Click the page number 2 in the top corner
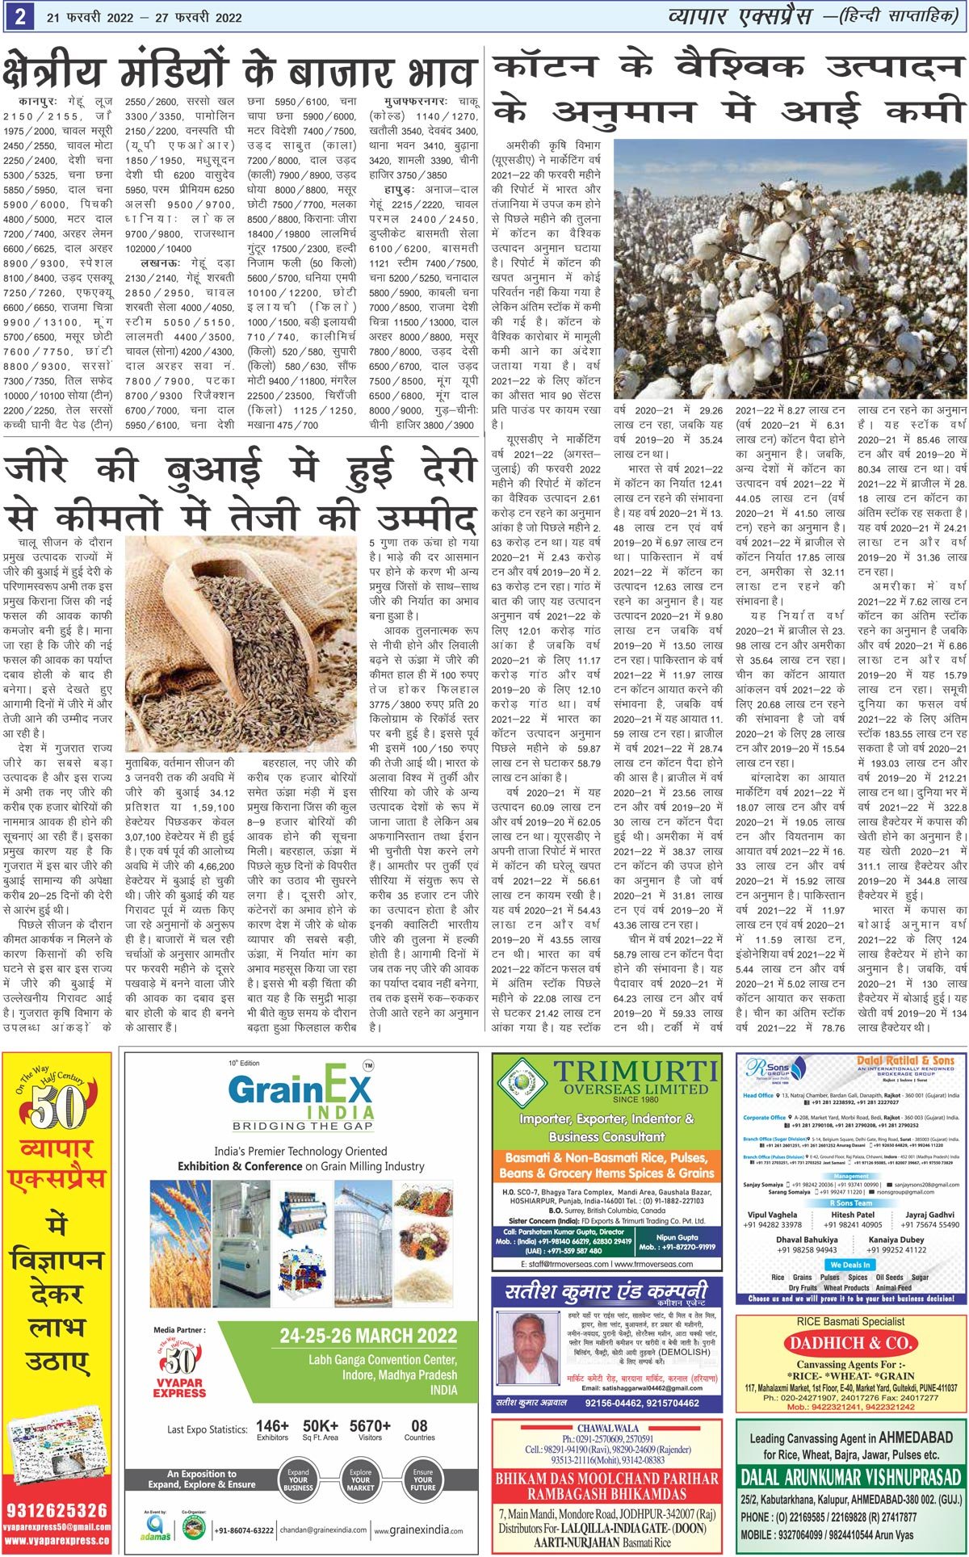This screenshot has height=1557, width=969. (17, 15)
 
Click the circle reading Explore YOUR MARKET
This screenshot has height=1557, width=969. (361, 1479)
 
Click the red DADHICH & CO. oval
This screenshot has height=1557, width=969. (851, 1344)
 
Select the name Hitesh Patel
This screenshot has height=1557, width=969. (853, 1215)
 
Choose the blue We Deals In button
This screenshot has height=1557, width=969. (850, 1264)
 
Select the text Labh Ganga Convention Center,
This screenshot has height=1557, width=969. (382, 1360)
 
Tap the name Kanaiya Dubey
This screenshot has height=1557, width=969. (896, 1240)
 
